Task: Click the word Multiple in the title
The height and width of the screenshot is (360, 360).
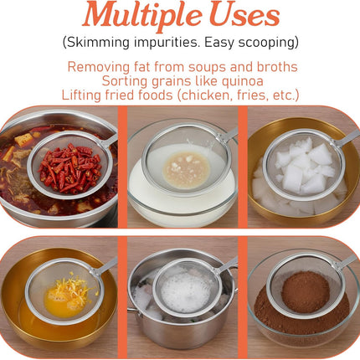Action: point(142,14)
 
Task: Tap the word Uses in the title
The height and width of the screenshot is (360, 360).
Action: point(244,14)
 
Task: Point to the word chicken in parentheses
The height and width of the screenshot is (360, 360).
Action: point(206,95)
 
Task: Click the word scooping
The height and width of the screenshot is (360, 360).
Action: point(266,43)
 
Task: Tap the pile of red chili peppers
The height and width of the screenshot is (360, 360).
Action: point(69,168)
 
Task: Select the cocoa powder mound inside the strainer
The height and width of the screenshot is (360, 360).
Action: point(306,292)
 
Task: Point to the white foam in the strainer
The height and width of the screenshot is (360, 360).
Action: point(185,292)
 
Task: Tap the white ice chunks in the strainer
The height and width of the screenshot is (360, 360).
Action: point(306,167)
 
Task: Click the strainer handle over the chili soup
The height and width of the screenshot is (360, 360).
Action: point(109,141)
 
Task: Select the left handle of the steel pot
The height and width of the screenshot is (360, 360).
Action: point(133,312)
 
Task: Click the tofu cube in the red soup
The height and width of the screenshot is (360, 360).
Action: point(23,140)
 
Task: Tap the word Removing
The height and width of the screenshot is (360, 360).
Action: point(99,67)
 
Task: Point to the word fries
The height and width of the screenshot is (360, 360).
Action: point(253,95)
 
